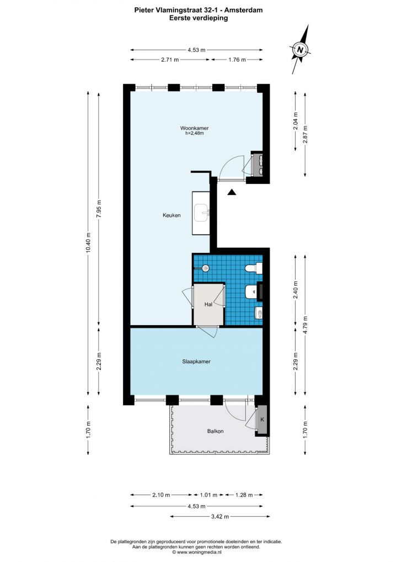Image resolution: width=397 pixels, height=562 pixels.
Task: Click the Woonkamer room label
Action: (194, 128)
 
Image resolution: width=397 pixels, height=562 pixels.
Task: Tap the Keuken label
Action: (171, 215)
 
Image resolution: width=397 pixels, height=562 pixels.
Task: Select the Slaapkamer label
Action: (196, 362)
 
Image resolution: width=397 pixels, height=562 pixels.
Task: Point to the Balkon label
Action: (215, 431)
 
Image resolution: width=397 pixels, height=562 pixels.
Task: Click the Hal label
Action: (208, 304)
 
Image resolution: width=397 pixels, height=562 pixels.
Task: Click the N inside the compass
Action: (301, 50)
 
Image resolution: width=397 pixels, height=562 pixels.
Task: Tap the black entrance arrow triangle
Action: (232, 193)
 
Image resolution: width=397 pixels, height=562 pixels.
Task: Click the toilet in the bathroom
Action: (254, 268)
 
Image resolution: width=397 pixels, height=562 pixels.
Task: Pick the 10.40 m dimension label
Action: (88, 243)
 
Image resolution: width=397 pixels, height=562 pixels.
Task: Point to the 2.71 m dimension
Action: (170, 60)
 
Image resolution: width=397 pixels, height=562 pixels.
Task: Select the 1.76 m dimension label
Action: (237, 60)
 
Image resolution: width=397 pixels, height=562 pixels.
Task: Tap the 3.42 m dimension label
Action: (220, 517)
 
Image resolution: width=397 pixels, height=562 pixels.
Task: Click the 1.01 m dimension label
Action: (209, 495)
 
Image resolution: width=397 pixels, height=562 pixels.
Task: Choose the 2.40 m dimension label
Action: (295, 290)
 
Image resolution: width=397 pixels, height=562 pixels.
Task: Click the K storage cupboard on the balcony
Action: (262, 420)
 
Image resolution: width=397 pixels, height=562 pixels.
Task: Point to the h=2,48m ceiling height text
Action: (195, 134)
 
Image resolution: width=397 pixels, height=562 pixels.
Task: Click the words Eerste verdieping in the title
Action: (198, 18)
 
